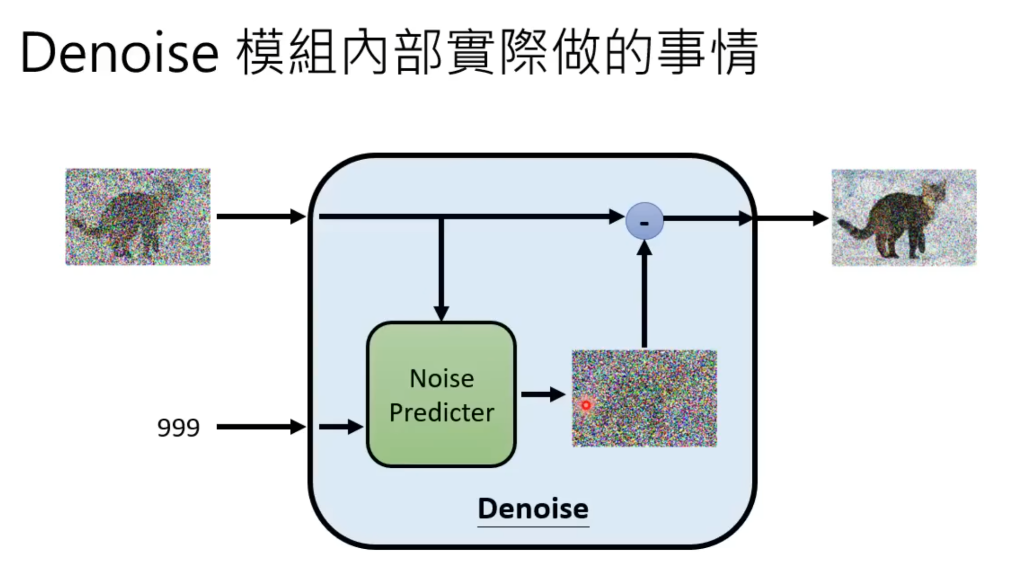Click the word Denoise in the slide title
coord(119,52)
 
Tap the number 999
coord(178,427)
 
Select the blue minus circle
coord(644,221)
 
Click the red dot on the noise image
coord(586,405)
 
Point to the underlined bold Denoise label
coord(533,508)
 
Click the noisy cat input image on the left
coord(138,217)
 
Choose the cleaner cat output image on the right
coord(904,218)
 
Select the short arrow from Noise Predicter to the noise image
coord(542,395)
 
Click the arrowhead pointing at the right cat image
coord(820,218)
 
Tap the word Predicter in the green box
coord(442,413)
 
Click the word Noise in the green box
coord(442,378)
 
